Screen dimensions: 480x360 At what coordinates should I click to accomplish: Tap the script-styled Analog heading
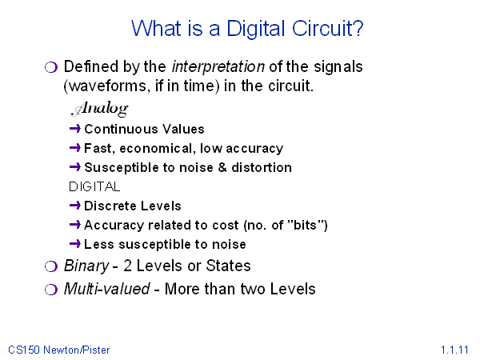click(x=99, y=109)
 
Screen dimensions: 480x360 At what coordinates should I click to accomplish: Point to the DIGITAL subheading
click(x=94, y=186)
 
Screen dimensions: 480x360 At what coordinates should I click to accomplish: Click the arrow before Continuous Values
click(x=75, y=129)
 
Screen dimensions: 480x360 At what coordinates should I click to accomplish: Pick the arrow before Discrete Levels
click(x=75, y=206)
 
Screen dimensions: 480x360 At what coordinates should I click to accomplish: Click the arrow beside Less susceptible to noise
click(x=75, y=244)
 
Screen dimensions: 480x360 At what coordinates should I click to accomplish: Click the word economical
click(x=155, y=149)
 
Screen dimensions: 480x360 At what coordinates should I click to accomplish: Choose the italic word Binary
click(x=86, y=266)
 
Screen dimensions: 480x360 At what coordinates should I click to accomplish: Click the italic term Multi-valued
click(x=107, y=289)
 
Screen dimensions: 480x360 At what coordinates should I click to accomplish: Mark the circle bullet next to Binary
click(x=51, y=266)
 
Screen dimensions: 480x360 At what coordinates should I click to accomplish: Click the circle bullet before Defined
click(x=51, y=67)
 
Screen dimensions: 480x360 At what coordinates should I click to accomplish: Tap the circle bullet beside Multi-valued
click(x=51, y=290)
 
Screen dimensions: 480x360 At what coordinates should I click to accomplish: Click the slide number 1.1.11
click(x=454, y=350)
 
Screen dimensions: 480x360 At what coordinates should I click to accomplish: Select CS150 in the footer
click(x=24, y=350)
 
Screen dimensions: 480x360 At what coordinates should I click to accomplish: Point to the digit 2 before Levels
click(x=128, y=266)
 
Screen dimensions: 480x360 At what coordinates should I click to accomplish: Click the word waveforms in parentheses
click(x=106, y=86)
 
